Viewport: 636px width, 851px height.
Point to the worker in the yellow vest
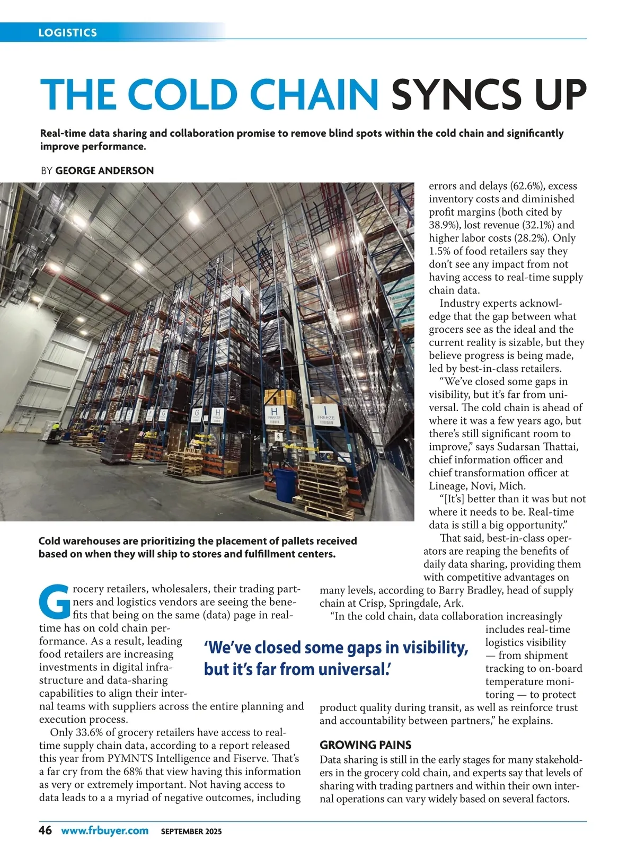pyautogui.click(x=55, y=429)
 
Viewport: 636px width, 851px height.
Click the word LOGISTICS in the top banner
pyautogui.click(x=67, y=32)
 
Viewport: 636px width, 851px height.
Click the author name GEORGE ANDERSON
pyautogui.click(x=104, y=171)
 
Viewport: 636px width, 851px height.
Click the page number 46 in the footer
pyautogui.click(x=45, y=830)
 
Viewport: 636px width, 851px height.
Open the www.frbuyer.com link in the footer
pyautogui.click(x=104, y=830)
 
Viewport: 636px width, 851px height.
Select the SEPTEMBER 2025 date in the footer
pyautogui.click(x=191, y=831)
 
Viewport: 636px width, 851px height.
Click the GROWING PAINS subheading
pyautogui.click(x=366, y=745)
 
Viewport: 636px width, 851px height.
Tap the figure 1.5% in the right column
pyautogui.click(x=439, y=251)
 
